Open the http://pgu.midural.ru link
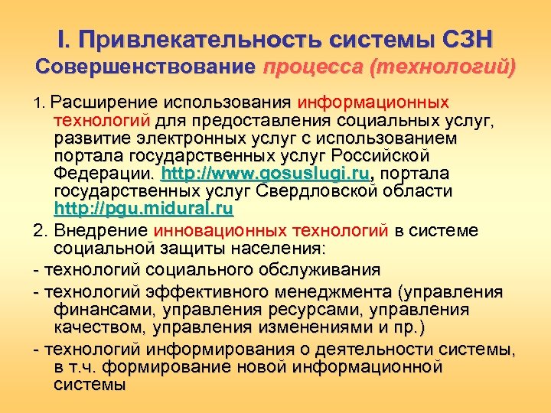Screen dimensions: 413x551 [x=144, y=208]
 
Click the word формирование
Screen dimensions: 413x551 [x=181, y=367]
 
